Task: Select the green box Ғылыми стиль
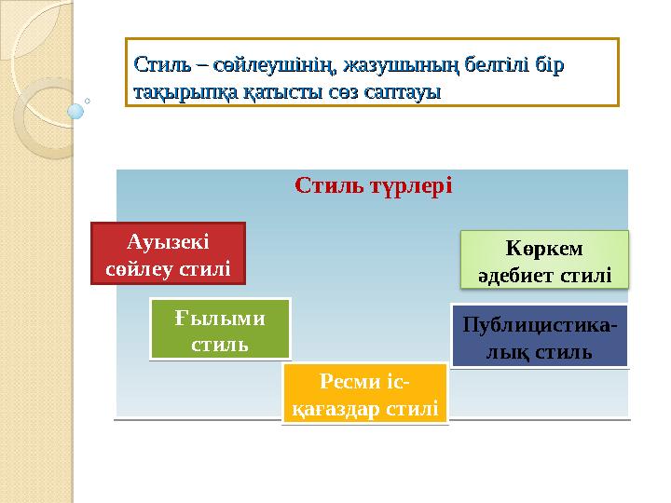(220, 330)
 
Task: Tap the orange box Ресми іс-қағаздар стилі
(365, 394)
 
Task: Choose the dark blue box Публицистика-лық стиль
(540, 336)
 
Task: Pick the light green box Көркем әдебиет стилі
(545, 259)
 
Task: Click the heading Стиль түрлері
(373, 184)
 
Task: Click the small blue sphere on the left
(76, 111)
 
